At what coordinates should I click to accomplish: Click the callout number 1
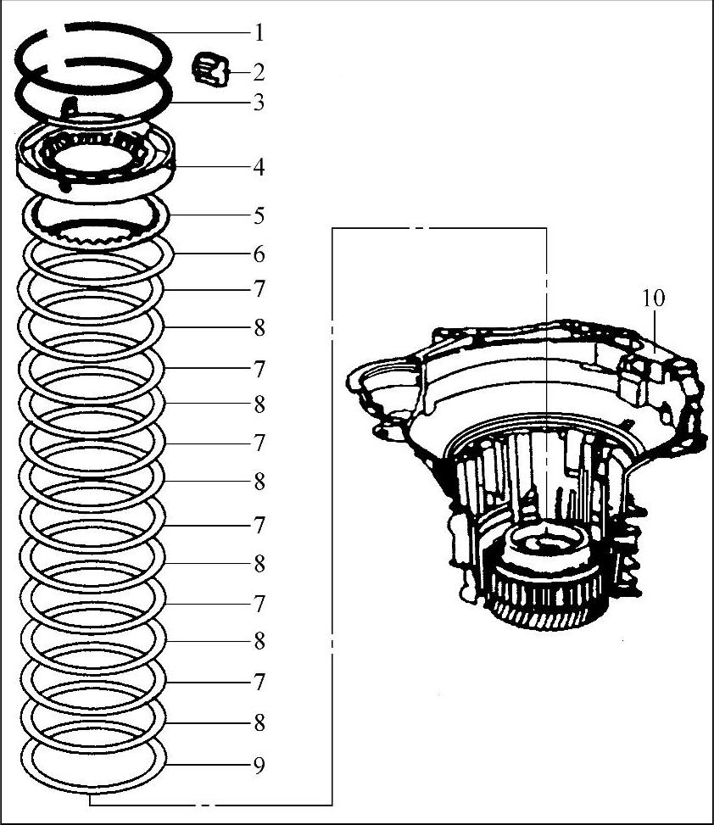click(259, 33)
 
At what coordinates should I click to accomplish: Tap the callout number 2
click(259, 72)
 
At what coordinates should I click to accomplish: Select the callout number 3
click(259, 103)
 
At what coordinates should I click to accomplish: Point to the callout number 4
click(259, 167)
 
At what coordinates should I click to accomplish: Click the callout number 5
click(259, 215)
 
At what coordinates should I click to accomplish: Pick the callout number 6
click(259, 254)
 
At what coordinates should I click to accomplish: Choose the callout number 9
click(259, 766)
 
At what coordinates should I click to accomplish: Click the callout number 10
click(654, 298)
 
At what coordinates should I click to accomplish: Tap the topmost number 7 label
click(259, 289)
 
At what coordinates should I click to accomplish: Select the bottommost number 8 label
click(259, 723)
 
